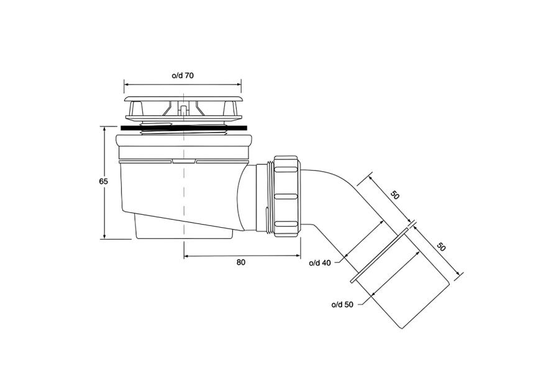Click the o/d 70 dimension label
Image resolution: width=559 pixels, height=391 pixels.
183,76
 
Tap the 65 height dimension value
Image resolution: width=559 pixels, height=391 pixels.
103,181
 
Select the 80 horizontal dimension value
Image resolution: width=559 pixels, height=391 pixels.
241,263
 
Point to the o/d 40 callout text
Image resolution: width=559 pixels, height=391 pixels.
320,263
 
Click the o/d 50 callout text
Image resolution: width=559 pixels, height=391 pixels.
342,305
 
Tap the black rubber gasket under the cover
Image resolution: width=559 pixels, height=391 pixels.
184,128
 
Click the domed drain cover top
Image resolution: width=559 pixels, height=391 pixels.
183,99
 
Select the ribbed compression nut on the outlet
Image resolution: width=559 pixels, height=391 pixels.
286,195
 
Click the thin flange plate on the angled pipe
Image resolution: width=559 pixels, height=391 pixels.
379,256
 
